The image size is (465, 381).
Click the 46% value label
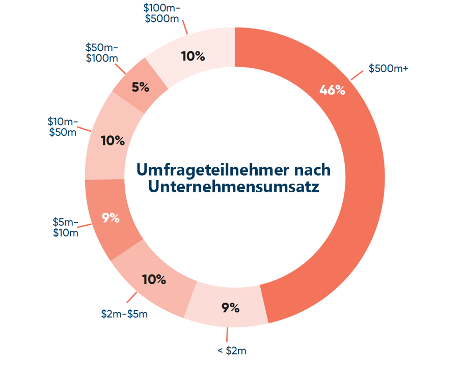[333, 90]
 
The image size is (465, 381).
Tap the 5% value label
[140, 87]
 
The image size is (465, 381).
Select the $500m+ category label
[389, 68]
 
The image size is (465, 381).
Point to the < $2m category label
[232, 350]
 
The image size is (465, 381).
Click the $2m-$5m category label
[124, 313]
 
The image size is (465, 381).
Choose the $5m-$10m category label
[66, 228]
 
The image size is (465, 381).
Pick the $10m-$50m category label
[63, 127]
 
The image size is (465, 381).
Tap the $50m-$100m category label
[102, 53]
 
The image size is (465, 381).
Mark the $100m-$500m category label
[162, 14]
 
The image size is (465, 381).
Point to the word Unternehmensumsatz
[234, 186]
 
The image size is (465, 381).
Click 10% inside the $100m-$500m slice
[193, 56]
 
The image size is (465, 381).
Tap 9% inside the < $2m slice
[230, 307]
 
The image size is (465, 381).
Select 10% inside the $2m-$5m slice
[154, 279]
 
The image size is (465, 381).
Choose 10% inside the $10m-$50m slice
[113, 140]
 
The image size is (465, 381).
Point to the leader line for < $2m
[228, 334]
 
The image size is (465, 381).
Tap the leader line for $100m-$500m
[185, 28]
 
